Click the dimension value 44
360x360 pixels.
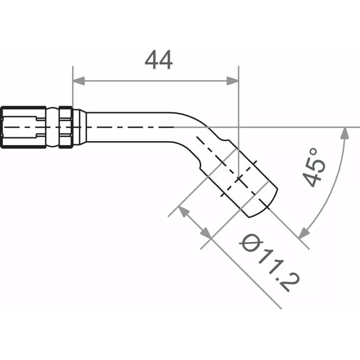(158, 60)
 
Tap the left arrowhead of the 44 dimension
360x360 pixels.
(78, 81)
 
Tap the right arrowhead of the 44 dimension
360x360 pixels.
(233, 81)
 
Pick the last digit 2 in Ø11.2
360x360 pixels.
(291, 284)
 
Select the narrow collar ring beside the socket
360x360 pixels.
(66, 127)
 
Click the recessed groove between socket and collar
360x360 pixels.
(53, 127)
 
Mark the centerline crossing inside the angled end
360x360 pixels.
(239, 179)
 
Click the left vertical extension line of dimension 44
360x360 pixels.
(73, 86)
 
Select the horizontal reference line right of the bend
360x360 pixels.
(288, 127)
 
